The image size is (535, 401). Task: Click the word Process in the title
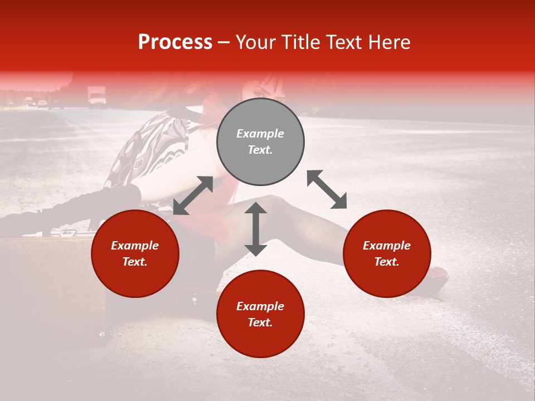click(175, 42)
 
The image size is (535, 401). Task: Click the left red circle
click(135, 253)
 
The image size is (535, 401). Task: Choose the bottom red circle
click(260, 314)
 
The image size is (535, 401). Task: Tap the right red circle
click(387, 253)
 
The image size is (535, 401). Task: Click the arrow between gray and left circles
click(193, 195)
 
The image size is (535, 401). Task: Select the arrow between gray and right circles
click(327, 189)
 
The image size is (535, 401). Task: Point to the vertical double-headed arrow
click(256, 229)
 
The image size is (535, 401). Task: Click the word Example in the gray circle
click(260, 134)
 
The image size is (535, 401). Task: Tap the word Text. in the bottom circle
click(260, 322)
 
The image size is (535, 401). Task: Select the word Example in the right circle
click(387, 246)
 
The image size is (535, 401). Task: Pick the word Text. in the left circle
click(135, 262)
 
